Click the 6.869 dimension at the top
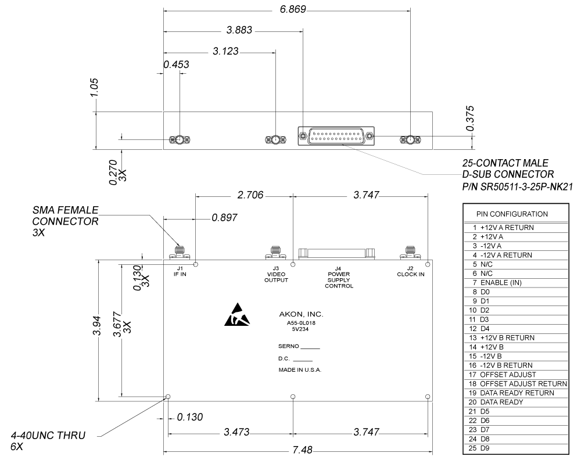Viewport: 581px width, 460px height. [293, 10]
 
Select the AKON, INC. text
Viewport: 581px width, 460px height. [301, 314]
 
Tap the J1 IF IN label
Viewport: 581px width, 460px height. [180, 271]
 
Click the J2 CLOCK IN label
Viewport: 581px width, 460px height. [410, 271]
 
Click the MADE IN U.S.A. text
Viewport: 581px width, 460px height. [300, 369]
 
